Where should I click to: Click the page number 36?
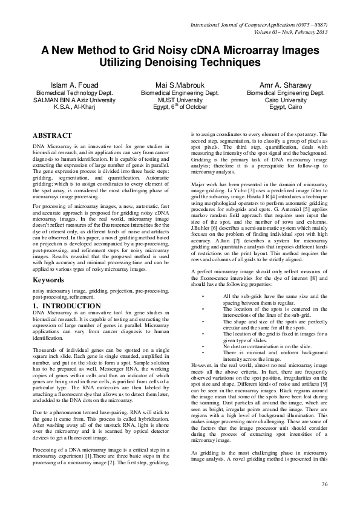coord(324,484)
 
